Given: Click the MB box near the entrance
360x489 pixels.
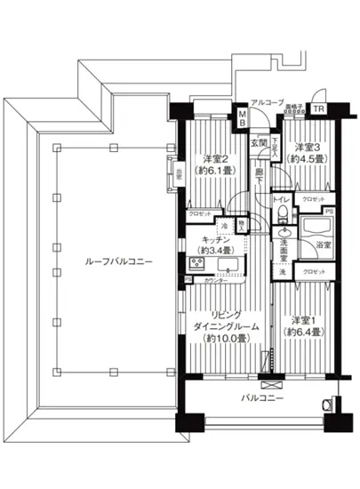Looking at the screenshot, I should point(243,118).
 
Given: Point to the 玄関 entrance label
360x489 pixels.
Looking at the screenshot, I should point(258,143).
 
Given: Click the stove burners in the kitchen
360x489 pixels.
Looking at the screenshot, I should point(193,263).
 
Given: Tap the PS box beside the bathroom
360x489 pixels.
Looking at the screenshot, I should point(329,211).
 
